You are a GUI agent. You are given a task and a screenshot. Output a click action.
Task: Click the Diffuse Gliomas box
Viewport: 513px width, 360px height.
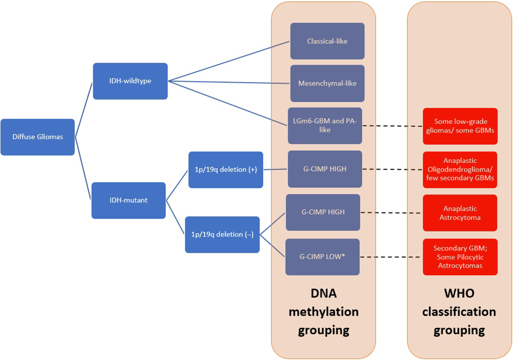(x=38, y=137)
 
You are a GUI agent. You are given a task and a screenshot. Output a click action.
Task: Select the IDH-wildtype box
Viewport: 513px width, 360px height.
(x=130, y=81)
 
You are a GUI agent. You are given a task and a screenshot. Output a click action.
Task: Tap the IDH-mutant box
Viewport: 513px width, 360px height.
(x=128, y=200)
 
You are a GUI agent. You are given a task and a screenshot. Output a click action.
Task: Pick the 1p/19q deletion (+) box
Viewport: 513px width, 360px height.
(x=226, y=170)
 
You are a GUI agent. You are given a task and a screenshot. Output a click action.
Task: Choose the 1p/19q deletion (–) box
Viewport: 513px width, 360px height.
(x=222, y=234)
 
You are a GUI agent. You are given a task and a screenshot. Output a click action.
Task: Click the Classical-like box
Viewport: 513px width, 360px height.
(x=327, y=41)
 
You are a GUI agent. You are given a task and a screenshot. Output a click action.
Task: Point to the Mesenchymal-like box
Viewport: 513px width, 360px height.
(x=327, y=83)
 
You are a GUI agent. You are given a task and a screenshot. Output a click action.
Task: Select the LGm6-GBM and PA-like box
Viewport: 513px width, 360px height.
(x=325, y=126)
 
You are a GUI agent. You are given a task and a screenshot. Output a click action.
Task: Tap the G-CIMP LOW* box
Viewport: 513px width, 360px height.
(x=322, y=257)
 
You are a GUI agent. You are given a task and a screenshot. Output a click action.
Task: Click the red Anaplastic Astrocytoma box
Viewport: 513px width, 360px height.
(x=460, y=213)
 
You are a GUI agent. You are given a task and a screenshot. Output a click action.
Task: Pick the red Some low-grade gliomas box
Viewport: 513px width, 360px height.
(x=460, y=126)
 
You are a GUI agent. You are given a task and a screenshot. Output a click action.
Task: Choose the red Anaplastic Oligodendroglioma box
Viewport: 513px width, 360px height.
(x=460, y=170)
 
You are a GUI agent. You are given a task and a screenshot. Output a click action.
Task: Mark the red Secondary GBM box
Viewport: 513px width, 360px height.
(x=460, y=257)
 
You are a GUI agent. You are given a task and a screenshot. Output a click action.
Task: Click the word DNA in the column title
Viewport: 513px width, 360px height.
(x=323, y=294)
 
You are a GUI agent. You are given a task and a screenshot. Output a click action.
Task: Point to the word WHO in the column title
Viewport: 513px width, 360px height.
(x=459, y=294)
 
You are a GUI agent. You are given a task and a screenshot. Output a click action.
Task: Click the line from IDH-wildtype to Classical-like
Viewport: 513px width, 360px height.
(x=229, y=61)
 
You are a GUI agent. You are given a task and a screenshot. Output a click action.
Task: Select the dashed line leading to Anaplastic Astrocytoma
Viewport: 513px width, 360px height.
(x=391, y=212)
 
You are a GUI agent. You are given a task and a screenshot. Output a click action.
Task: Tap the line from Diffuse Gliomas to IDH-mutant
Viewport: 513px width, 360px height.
(x=83, y=169)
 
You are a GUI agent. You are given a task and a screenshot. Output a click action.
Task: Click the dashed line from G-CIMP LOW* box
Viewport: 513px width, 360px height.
(x=390, y=257)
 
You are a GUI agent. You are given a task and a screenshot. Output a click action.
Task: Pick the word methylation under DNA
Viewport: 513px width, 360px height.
(x=323, y=312)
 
